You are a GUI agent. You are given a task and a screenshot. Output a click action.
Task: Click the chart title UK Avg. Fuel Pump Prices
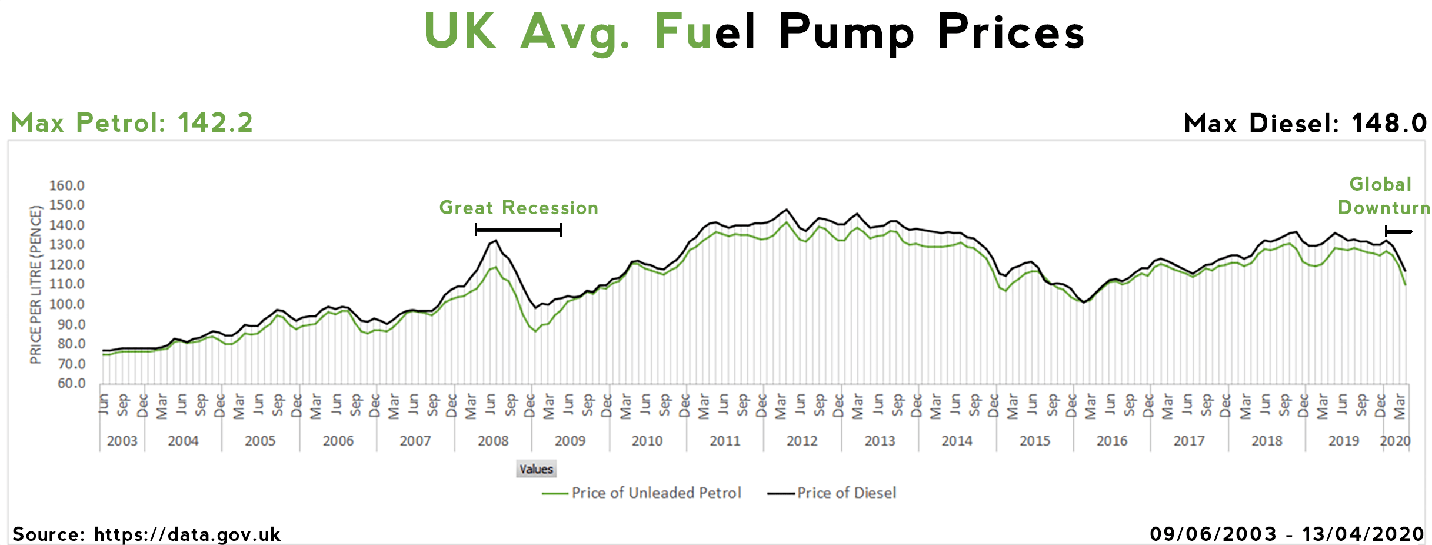754,32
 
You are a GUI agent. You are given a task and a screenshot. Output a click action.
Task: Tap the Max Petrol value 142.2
215,123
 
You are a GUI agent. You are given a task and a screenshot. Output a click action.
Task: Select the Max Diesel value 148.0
1388,124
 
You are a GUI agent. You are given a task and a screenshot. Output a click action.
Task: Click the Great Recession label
518,208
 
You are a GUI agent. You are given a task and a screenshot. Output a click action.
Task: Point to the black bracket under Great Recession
518,230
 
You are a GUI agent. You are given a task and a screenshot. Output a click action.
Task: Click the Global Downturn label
1383,196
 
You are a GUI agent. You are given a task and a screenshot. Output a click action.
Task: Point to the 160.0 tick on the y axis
66,186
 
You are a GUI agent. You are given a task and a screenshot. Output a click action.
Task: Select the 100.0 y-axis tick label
66,305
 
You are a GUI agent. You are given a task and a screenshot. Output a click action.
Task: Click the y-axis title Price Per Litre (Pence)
36,285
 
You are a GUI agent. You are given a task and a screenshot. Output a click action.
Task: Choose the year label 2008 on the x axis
492,441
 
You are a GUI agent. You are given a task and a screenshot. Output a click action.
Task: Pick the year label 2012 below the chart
802,441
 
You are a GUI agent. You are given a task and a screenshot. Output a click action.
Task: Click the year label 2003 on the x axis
122,441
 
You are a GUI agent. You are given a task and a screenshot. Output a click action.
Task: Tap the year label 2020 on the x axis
1395,441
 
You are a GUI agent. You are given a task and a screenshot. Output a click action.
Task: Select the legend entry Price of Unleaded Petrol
656,493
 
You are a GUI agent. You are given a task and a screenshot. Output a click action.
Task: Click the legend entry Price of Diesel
846,493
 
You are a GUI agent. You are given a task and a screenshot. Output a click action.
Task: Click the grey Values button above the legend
536,469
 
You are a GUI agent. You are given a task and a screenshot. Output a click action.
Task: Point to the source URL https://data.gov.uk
187,534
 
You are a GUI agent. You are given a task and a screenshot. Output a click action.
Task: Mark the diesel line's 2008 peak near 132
496,240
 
